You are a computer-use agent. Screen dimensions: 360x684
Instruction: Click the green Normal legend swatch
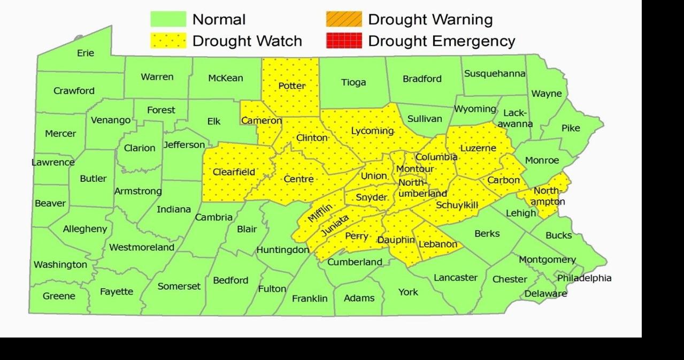(x=168, y=19)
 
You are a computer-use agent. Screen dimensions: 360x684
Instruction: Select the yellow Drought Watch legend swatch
(x=168, y=41)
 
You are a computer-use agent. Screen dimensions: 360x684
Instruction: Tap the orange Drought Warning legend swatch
(x=343, y=19)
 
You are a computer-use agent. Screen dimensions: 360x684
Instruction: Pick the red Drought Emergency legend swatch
(x=343, y=41)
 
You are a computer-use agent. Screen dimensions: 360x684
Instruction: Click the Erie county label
(x=86, y=53)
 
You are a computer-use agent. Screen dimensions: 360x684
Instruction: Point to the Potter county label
(x=292, y=86)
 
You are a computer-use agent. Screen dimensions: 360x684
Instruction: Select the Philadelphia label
(x=584, y=278)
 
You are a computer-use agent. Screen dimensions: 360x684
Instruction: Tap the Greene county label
(x=59, y=296)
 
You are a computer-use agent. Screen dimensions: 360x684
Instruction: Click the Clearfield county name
(x=234, y=172)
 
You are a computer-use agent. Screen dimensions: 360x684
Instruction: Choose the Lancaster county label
(x=455, y=277)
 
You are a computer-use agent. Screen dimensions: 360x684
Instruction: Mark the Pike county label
(x=571, y=128)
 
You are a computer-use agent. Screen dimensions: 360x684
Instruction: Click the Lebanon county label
(x=439, y=244)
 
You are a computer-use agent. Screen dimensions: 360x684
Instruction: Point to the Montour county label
(x=415, y=169)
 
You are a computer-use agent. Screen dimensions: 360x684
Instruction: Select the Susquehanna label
(x=495, y=74)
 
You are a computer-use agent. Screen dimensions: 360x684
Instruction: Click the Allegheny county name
(x=85, y=229)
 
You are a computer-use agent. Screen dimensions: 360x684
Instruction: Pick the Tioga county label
(x=353, y=82)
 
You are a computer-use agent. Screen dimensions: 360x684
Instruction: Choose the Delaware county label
(x=545, y=294)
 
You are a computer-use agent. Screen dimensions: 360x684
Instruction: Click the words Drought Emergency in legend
(x=441, y=41)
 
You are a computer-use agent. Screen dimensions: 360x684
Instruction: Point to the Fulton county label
(x=272, y=289)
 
